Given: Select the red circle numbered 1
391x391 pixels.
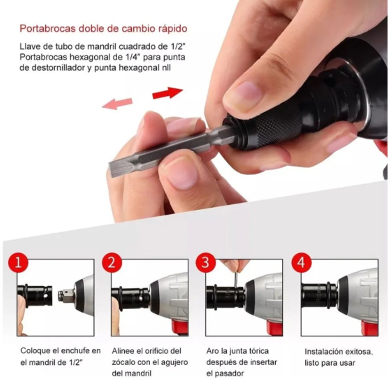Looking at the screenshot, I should pos(17,262).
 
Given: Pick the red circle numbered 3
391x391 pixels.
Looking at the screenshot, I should pos(206,262).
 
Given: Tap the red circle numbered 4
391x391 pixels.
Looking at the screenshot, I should pos(301,262).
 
